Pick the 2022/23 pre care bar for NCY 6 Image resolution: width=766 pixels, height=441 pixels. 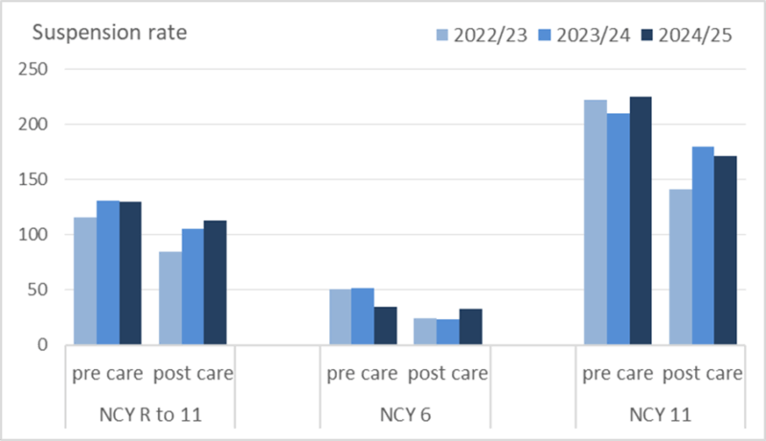pos(340,316)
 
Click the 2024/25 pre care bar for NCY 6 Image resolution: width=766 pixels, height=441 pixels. pos(385,325)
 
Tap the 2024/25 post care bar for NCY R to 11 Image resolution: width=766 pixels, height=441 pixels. pos(214,282)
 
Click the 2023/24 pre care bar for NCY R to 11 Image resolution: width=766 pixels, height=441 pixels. pos(108,272)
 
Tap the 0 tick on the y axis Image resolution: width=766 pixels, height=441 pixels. pos(42,344)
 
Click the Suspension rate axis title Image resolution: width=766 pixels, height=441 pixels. pos(110,32)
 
